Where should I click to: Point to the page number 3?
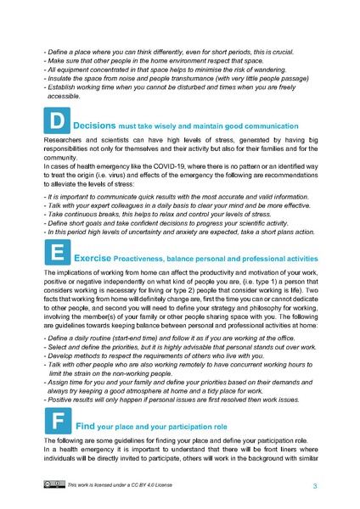click(314, 486)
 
